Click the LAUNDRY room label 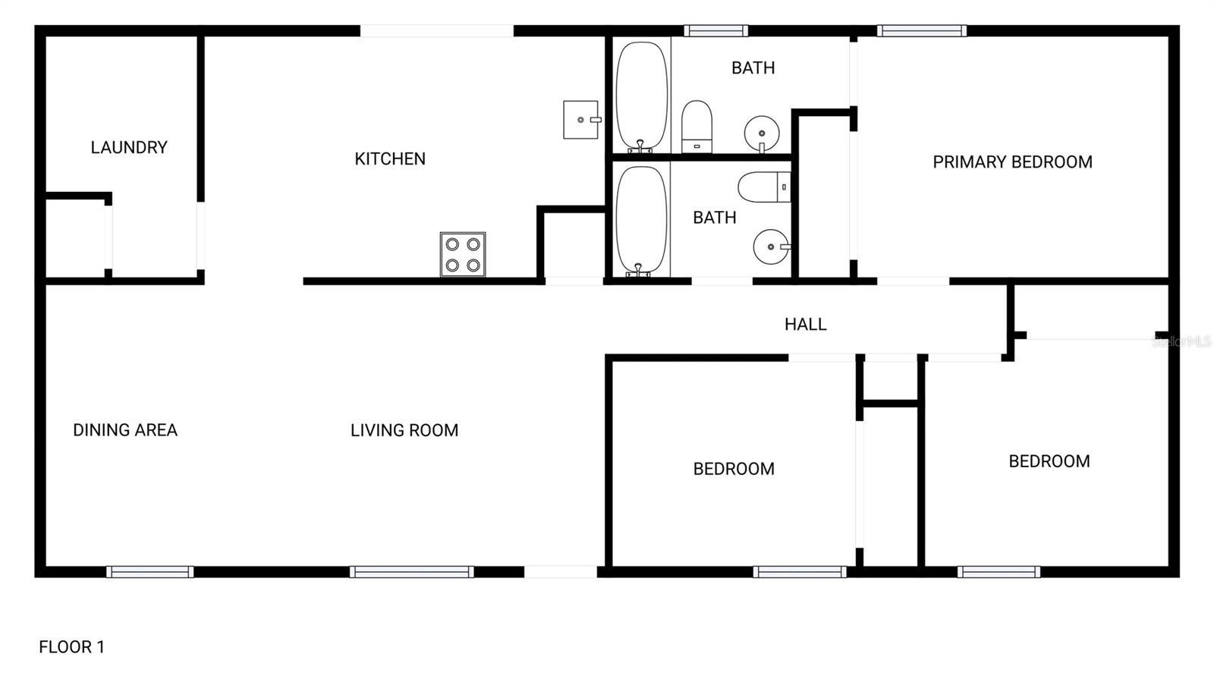[x=129, y=147]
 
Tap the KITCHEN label [x=390, y=159]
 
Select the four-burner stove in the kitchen [x=463, y=254]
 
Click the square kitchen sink [x=580, y=120]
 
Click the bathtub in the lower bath [x=641, y=221]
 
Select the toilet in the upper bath [x=697, y=126]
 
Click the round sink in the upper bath [x=761, y=134]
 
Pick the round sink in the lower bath [x=771, y=247]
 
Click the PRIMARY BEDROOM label [x=1012, y=162]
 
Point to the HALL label [x=805, y=325]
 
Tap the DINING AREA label [x=125, y=430]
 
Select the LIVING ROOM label [x=404, y=430]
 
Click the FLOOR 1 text [x=71, y=647]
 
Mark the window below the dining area [x=150, y=572]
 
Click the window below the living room [x=412, y=572]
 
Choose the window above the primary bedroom [x=922, y=31]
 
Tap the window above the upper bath [x=716, y=31]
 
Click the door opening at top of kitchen [x=436, y=31]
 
